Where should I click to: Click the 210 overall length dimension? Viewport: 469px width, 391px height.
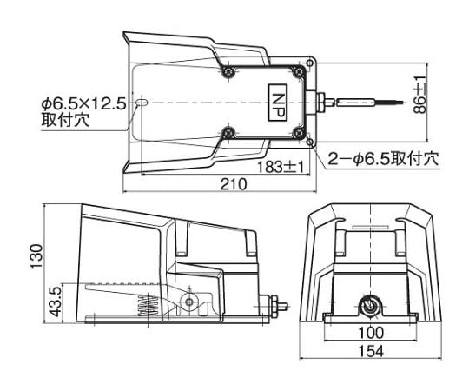click(x=234, y=184)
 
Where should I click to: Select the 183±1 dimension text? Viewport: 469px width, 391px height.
click(x=281, y=167)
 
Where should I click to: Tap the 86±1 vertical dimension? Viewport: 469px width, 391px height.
click(x=419, y=95)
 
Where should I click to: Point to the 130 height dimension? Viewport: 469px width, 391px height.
click(x=36, y=256)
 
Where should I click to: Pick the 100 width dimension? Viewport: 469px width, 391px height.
click(x=370, y=332)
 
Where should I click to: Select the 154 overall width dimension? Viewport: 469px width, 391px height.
click(x=370, y=351)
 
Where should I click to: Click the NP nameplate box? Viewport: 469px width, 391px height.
click(x=278, y=103)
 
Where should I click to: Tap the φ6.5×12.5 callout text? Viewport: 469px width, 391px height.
click(x=83, y=104)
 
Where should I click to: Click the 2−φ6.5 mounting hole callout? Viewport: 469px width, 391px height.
click(x=384, y=159)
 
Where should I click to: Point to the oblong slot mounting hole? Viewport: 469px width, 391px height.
click(x=142, y=103)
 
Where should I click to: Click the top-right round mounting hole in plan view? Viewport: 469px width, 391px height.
click(x=310, y=63)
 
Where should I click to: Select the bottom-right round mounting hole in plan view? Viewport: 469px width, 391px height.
click(x=310, y=142)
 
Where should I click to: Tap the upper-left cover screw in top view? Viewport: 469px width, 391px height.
click(x=228, y=71)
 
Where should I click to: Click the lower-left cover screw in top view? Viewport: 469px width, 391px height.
click(x=229, y=133)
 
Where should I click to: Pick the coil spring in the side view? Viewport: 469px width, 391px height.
click(x=148, y=306)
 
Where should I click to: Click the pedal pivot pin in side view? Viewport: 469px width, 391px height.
click(x=188, y=302)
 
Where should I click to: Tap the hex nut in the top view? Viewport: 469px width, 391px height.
click(x=320, y=103)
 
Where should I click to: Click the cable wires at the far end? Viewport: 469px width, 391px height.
click(x=389, y=103)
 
